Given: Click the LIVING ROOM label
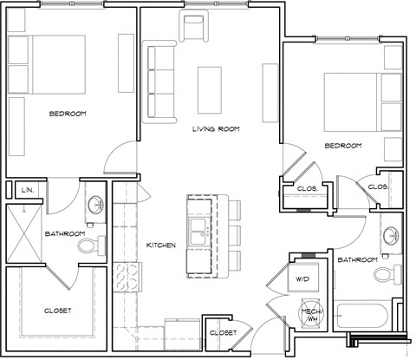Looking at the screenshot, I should (216, 129).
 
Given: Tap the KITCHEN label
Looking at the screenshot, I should (161, 245).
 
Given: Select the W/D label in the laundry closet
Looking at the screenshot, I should (302, 279).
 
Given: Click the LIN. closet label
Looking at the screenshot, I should (27, 189).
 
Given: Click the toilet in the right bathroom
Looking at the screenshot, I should (383, 275).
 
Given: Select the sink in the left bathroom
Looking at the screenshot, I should (96, 206).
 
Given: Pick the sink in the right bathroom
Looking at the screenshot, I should (391, 235).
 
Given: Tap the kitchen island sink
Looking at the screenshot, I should (201, 231).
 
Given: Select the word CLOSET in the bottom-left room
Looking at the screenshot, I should (57, 311).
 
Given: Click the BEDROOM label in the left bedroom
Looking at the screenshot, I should (67, 114).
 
